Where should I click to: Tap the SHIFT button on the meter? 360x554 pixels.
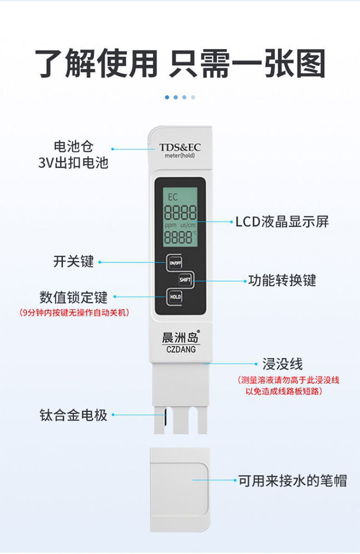pos(186,280)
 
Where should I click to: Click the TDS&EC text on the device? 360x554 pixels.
pos(179,148)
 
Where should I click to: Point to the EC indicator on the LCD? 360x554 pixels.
pos(172,197)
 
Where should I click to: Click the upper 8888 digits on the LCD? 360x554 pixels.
pos(181,213)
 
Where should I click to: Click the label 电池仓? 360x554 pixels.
pos(74,147)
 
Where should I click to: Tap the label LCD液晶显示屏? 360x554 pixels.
pos(282,222)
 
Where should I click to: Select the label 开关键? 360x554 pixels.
pos(74,261)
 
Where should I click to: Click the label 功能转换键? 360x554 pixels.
pos(282,281)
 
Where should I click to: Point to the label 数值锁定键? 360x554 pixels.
pos(74,297)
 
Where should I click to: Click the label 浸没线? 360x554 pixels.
pos(282,364)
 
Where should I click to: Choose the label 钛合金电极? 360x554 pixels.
pos(74,415)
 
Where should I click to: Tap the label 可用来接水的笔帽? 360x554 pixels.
pos(293,480)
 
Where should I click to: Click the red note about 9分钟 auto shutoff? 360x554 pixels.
pos(74,313)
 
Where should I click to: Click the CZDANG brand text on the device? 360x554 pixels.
pos(181,350)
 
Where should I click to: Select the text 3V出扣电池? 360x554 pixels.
pos(74,163)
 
